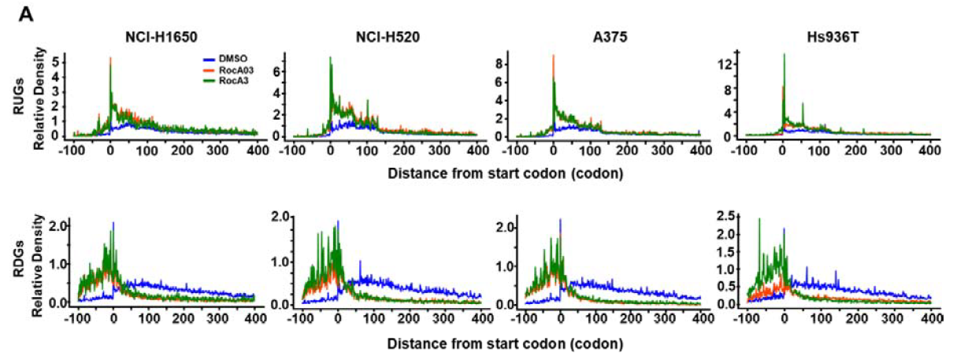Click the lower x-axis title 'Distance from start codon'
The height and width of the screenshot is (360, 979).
tap(506, 344)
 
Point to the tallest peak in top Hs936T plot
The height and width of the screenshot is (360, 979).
tap(784, 55)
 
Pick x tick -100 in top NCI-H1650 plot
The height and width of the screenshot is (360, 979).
tap(73, 149)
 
